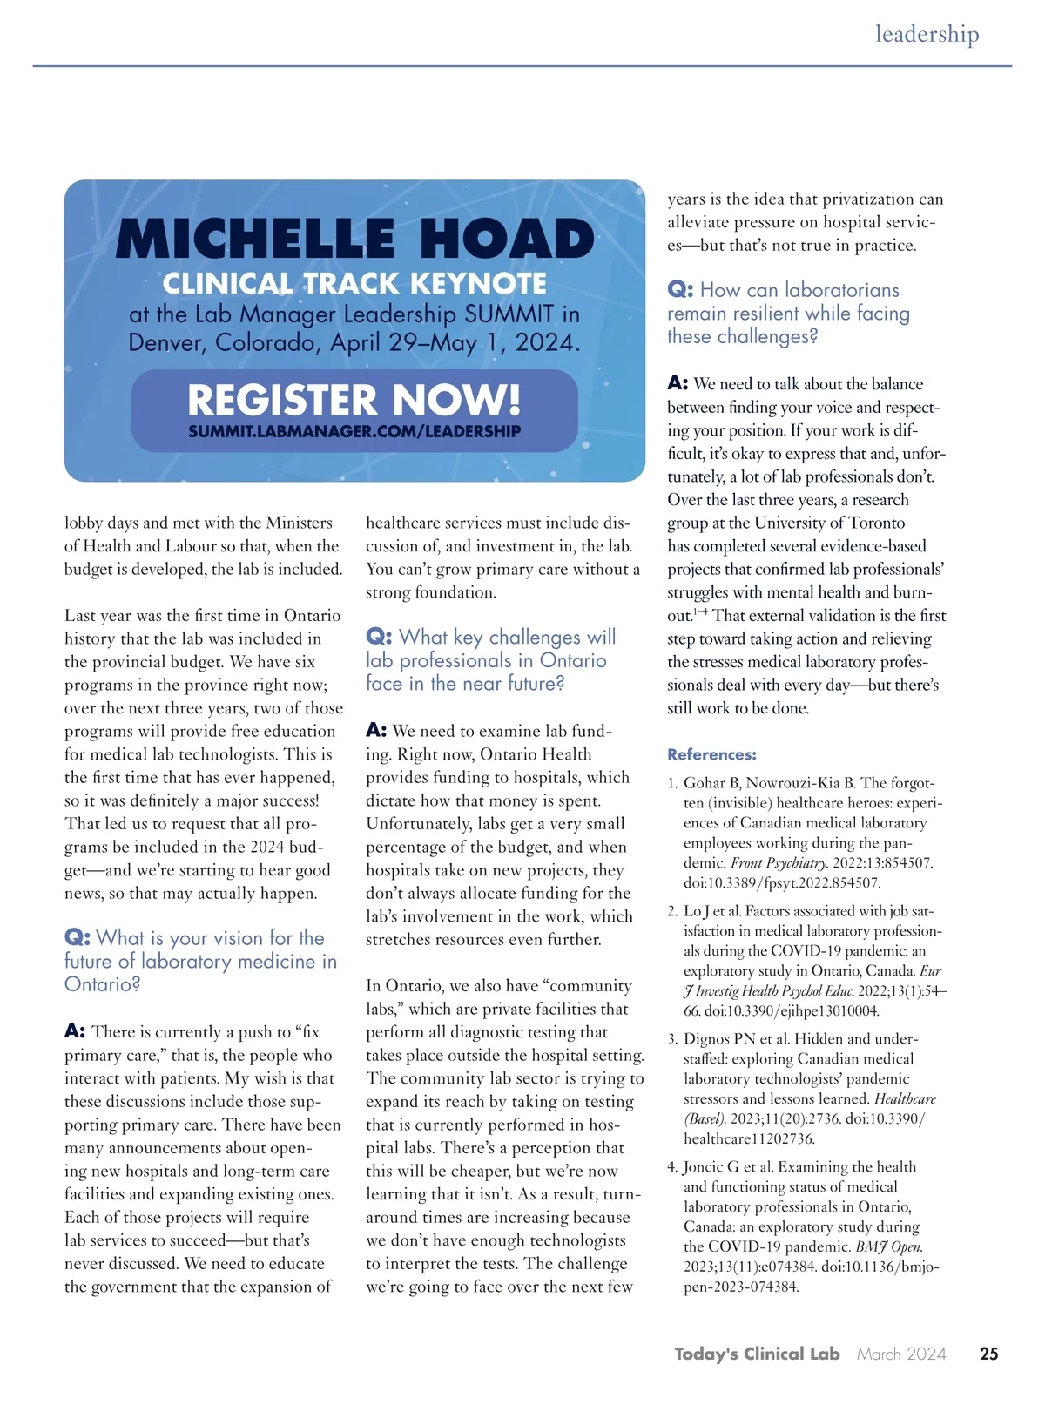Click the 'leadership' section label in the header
(927, 34)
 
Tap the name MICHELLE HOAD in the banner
(354, 240)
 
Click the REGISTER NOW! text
(354, 400)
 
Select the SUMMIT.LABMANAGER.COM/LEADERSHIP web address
(354, 431)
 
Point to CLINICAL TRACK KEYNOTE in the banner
(354, 284)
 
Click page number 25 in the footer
(988, 1354)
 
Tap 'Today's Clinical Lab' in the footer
(756, 1354)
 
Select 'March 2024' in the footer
(901, 1354)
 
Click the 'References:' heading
(711, 754)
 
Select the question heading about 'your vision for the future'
(200, 961)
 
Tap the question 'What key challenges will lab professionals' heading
(490, 660)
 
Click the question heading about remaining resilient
(788, 313)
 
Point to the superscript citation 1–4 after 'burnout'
(700, 612)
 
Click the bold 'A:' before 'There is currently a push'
(75, 1031)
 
